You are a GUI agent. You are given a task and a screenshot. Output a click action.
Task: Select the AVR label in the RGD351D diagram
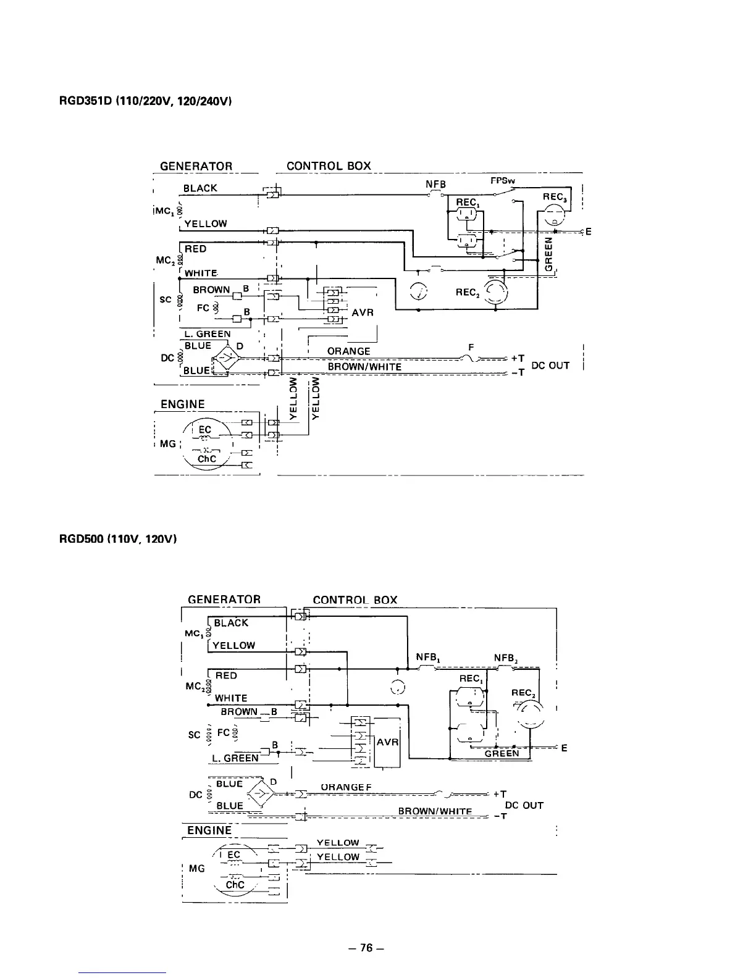click(363, 312)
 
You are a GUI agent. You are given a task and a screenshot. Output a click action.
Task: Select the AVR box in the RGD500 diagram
click(387, 742)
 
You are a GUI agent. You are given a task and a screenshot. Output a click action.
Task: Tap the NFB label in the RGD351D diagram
click(435, 184)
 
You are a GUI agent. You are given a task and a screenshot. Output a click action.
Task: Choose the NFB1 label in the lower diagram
click(427, 658)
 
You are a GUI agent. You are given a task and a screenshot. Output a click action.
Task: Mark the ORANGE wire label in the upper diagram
click(349, 351)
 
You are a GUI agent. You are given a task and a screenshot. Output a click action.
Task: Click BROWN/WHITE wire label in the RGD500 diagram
click(435, 811)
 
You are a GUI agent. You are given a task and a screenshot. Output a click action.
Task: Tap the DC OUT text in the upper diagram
click(550, 366)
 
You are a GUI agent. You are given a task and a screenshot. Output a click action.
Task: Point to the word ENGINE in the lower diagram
click(209, 830)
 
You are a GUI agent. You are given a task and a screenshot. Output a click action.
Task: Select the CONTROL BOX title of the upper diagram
click(329, 166)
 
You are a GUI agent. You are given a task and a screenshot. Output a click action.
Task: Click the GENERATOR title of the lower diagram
click(224, 600)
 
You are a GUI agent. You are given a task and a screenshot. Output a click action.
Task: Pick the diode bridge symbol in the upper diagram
click(226, 357)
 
